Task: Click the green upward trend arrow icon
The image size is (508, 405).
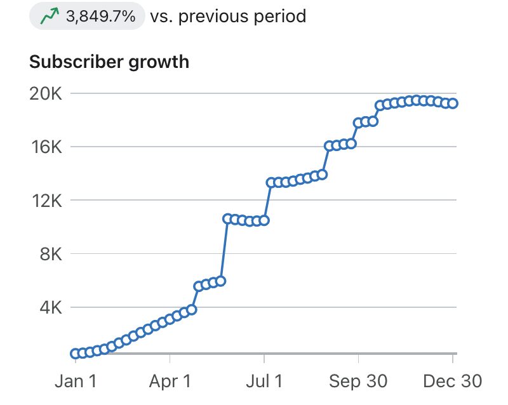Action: tap(49, 16)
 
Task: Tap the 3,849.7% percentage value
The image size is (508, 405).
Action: tap(101, 16)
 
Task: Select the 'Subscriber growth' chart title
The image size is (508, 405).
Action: tap(109, 62)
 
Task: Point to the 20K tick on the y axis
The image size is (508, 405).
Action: tap(46, 94)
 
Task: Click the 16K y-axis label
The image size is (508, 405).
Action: tap(46, 147)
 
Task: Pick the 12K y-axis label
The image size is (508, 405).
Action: tap(46, 201)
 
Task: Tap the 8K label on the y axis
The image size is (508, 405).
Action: tap(50, 254)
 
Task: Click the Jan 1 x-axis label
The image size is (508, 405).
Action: tap(76, 381)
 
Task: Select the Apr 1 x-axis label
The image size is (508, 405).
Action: tap(170, 381)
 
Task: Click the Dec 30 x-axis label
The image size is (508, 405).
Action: tap(452, 381)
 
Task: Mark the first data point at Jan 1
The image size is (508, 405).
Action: tap(76, 354)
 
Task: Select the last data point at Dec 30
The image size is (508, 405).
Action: tap(453, 103)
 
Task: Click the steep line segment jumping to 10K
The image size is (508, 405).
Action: tap(224, 249)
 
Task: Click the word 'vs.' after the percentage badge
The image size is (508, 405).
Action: tap(161, 16)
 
